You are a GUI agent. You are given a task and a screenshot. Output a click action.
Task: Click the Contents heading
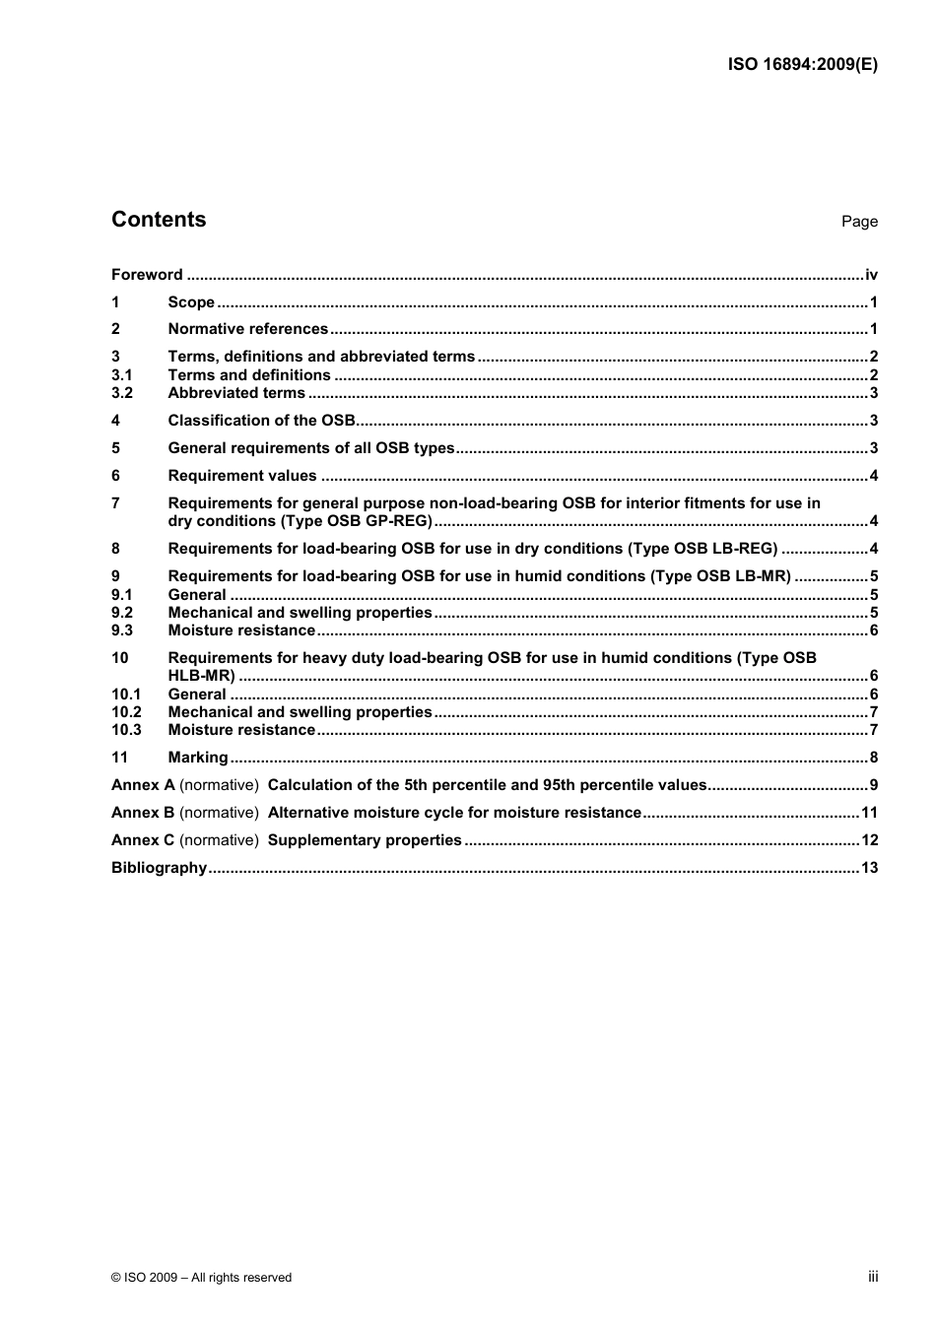pos(159,220)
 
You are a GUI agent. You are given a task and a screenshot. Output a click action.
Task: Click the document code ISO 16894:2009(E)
pos(802,65)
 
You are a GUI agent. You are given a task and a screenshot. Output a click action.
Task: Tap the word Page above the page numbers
pos(859,222)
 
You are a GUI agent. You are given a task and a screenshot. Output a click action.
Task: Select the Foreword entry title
pos(147,275)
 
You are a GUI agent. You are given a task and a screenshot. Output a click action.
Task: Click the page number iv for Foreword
pos(871,275)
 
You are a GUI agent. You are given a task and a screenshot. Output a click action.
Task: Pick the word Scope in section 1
pos(191,302)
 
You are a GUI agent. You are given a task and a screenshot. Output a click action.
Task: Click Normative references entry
pos(248,329)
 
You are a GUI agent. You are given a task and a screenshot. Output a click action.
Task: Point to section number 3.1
pos(122,375)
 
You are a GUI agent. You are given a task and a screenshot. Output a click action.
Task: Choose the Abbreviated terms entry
pos(236,393)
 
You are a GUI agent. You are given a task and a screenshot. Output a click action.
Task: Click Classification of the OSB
pos(261,421)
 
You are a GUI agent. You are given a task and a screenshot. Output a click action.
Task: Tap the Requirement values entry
pos(242,476)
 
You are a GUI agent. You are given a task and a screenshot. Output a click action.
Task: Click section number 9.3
pos(122,630)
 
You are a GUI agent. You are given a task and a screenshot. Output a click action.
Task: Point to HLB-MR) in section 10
pos(202,676)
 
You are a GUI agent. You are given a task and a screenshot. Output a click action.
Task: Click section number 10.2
pos(126,712)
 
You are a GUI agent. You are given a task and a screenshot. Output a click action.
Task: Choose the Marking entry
pos(198,758)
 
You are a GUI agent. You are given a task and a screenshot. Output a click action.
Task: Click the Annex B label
pos(143,813)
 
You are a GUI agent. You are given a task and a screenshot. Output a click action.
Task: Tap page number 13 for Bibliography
pos(869,868)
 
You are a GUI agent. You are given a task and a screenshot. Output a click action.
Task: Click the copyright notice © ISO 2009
pos(201,1278)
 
